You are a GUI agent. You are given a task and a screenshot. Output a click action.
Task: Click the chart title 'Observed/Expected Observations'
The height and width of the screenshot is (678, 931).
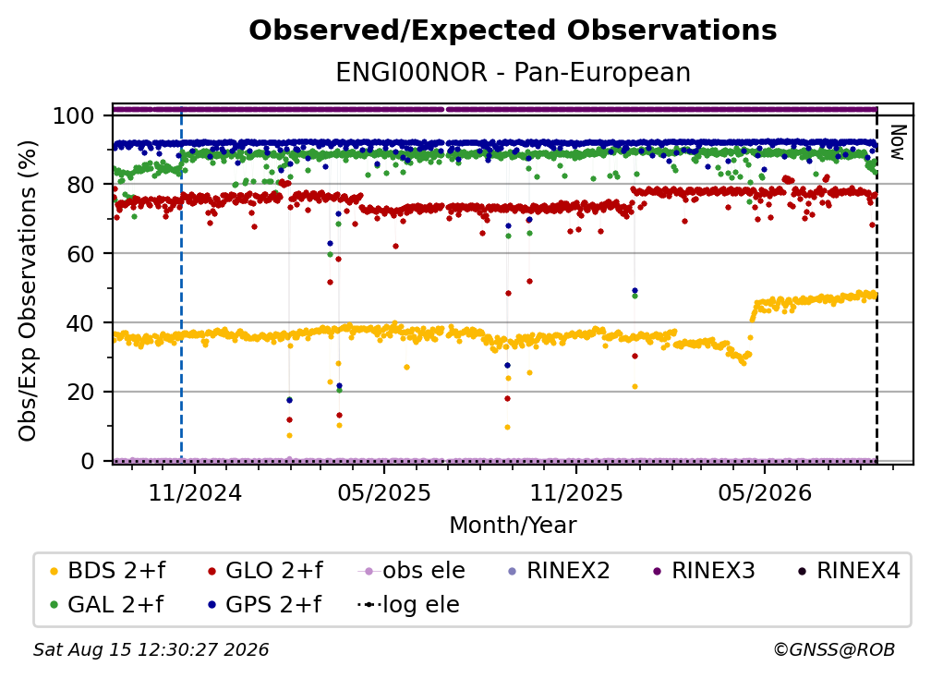point(513,30)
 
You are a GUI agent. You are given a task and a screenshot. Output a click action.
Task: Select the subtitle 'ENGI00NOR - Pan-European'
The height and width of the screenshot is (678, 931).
point(513,72)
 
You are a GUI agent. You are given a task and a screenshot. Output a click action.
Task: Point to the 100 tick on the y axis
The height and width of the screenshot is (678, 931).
point(74,115)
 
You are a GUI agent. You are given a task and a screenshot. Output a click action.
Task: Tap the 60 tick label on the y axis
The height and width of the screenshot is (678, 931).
point(80,253)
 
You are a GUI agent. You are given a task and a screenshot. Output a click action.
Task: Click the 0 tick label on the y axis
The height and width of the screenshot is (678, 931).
point(88,461)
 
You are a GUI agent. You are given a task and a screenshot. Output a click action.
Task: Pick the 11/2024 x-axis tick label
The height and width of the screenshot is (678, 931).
point(195,492)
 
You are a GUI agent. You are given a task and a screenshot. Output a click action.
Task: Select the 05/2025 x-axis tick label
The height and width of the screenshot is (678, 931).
point(384,492)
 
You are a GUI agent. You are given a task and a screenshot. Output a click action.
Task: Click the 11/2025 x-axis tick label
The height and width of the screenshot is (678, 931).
point(576,492)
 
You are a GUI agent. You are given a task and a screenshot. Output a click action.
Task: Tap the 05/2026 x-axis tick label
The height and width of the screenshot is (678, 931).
point(765,492)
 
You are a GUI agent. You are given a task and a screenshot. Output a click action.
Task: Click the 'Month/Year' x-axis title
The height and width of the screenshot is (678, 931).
point(513,525)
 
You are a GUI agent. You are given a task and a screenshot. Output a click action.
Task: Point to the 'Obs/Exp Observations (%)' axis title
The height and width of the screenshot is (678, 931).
point(28,291)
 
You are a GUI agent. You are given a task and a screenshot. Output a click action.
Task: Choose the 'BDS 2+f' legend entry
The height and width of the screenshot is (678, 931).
point(108,571)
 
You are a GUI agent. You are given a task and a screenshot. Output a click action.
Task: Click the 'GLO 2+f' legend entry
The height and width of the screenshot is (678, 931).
point(265,571)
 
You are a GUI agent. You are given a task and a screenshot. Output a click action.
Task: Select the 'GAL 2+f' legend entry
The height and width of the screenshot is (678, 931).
point(107,604)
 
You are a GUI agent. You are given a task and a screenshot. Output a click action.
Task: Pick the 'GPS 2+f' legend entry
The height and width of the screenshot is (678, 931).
point(265,604)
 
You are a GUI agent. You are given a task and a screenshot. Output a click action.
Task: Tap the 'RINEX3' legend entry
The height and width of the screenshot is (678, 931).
point(704,571)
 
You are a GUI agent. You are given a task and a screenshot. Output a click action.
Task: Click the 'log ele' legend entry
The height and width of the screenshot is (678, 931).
point(408,604)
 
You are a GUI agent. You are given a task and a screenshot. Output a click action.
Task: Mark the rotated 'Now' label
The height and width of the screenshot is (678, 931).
point(897,142)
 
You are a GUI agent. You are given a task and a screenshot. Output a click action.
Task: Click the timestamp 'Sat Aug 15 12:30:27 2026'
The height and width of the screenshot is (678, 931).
point(151,649)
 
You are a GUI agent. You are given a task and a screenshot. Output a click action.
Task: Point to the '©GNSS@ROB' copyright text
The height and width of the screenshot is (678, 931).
point(834,649)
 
